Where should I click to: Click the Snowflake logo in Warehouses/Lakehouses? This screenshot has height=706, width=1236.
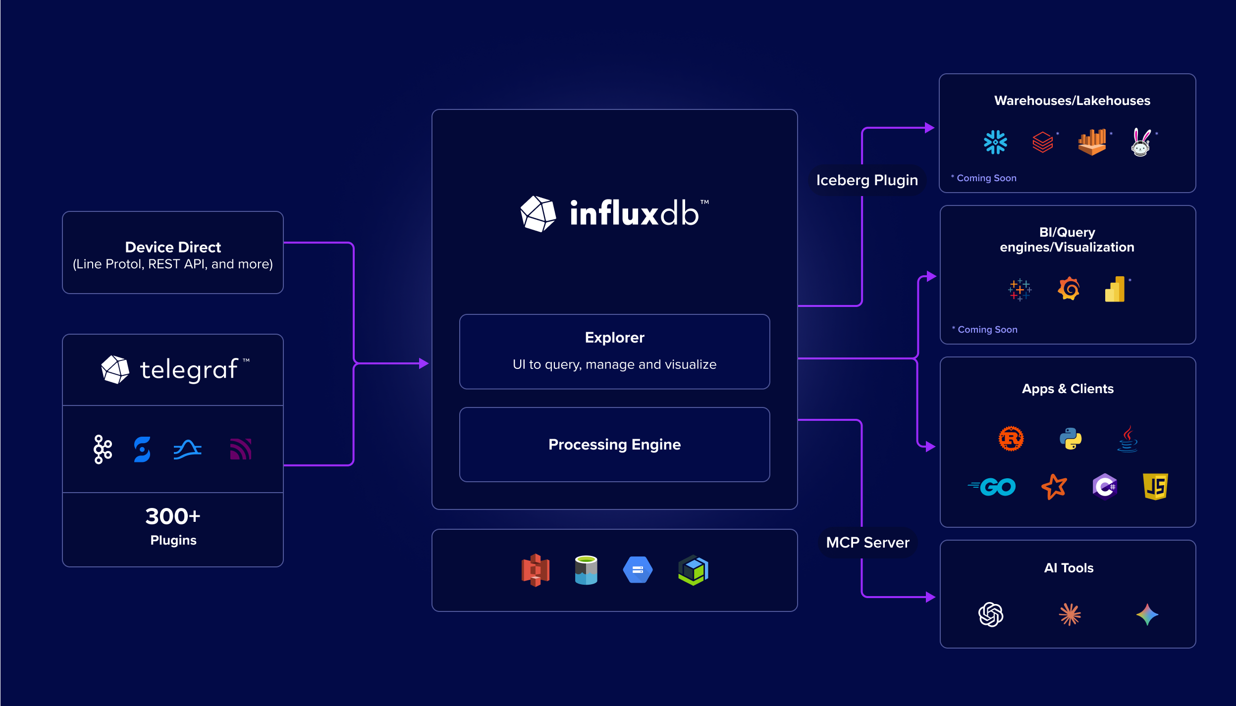coord(995,143)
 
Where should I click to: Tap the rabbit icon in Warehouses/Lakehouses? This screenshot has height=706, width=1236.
coord(1141,143)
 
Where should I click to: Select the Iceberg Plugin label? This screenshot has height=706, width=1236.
coord(867,180)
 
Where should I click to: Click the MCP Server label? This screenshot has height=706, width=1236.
coord(867,543)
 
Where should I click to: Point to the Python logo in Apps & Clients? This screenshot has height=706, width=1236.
coord(1071,439)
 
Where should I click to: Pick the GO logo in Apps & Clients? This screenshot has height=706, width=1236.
coord(992,487)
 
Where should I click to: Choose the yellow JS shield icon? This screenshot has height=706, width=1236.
coord(1155,486)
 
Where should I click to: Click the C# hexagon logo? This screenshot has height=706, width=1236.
coord(1105,487)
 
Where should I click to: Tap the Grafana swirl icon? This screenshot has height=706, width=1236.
coord(1069,289)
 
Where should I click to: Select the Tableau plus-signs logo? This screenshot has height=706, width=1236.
coord(1020,290)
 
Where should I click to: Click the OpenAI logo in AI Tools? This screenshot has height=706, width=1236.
coord(991,615)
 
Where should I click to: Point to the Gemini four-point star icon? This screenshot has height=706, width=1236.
coord(1147,615)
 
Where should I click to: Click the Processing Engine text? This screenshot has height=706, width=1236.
coord(614,445)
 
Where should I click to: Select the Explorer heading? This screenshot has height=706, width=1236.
coord(614,338)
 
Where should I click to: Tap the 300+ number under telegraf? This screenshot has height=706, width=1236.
coord(172,517)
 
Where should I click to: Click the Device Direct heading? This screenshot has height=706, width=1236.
coord(172,247)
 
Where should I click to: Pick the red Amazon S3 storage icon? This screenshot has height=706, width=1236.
coord(536,570)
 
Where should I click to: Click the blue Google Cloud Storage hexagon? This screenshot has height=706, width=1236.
coord(638,570)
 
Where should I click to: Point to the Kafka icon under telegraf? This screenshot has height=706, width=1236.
coord(103,450)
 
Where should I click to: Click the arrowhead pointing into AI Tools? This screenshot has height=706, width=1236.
coord(930,597)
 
